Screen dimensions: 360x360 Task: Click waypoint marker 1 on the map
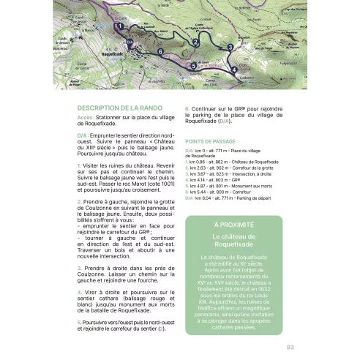119,26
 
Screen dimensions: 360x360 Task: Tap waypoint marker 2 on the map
196,44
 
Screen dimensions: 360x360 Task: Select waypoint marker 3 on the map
230,48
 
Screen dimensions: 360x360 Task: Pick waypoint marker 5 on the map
193,64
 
